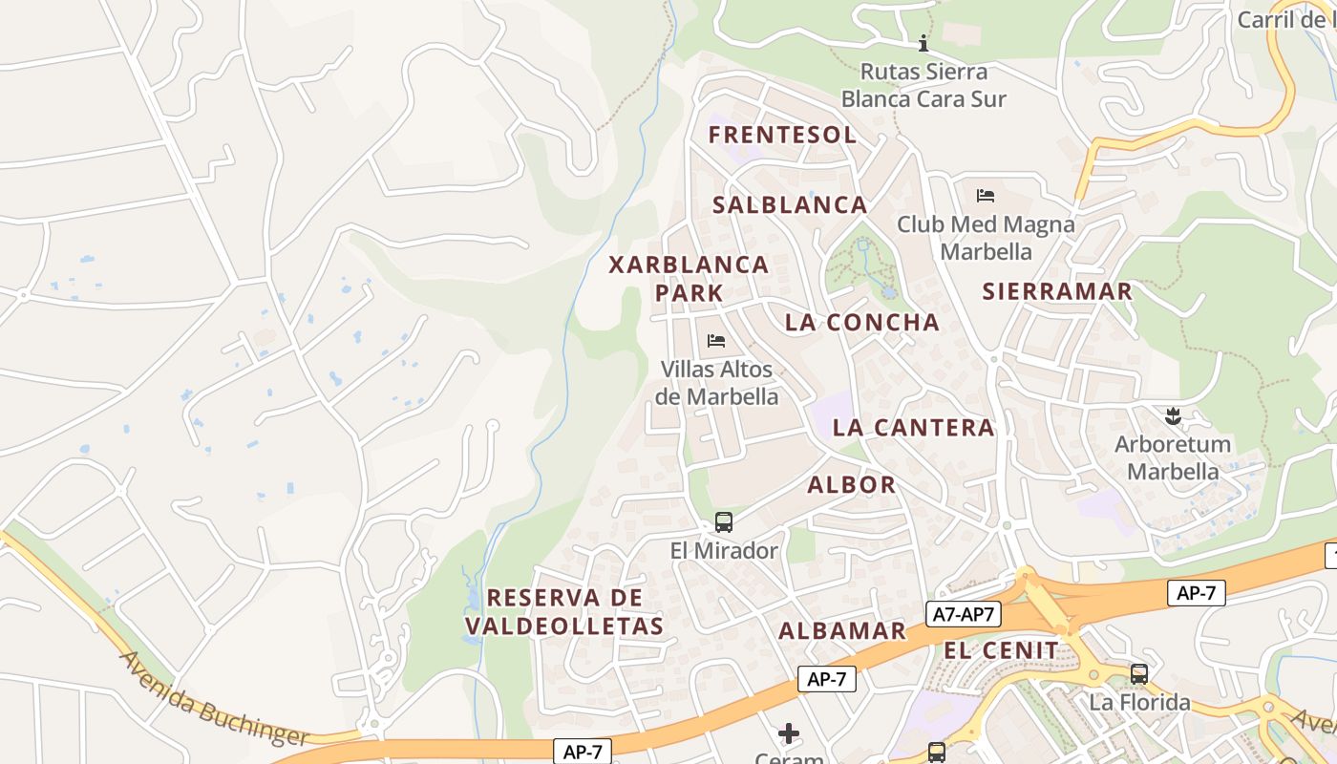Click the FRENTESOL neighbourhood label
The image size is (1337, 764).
(782, 135)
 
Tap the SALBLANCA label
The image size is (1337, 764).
(790, 205)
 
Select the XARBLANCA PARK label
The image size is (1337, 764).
(689, 278)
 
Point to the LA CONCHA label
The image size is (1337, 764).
(861, 323)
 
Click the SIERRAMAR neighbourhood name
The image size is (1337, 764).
(1057, 291)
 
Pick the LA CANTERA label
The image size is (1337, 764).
(913, 428)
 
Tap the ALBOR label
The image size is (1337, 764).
(852, 485)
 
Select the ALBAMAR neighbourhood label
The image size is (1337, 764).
(841, 630)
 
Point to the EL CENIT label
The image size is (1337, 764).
(1001, 651)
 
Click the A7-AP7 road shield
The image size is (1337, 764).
(963, 615)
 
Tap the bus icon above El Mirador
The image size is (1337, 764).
(724, 522)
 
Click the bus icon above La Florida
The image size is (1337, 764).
(1138, 674)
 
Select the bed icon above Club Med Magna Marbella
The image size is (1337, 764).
(986, 196)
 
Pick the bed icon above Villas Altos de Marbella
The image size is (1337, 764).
(716, 340)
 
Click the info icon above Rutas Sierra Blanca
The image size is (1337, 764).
(923, 43)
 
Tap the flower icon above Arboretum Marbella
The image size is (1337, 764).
(1173, 415)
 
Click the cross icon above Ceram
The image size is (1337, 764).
(789, 732)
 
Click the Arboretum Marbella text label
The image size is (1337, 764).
(1173, 458)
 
